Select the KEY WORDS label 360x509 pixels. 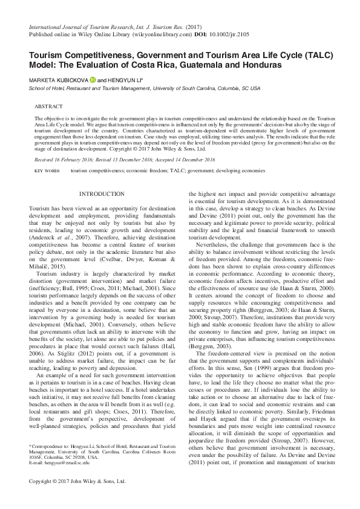point(47,171)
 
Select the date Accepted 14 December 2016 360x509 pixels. point(186,160)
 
